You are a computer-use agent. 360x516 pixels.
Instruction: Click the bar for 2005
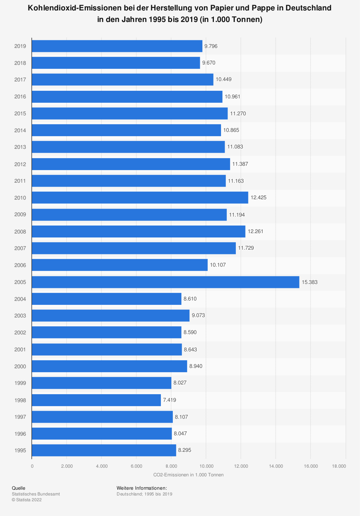[x=166, y=282]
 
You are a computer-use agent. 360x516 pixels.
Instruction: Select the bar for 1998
[x=96, y=400]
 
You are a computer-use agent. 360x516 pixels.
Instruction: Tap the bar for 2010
[x=140, y=197]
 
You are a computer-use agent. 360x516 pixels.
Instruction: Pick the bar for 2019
[x=117, y=46]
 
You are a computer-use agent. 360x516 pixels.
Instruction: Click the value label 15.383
[x=310, y=282]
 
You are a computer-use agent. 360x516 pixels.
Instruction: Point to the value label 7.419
[x=170, y=400]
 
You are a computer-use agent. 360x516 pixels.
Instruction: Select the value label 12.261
[x=256, y=231]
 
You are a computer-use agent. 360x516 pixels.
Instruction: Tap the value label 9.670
[x=209, y=63]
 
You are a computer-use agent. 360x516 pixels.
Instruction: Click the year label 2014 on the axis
[x=20, y=130]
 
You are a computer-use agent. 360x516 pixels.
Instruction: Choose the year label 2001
[x=20, y=350]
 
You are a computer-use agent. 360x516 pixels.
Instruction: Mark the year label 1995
[x=20, y=450]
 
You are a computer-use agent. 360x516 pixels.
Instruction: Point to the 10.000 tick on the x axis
[x=206, y=466]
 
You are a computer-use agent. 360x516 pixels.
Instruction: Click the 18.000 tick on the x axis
[x=339, y=466]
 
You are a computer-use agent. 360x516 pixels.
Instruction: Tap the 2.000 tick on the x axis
[x=67, y=466]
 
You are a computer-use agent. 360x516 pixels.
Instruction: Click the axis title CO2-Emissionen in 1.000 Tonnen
[x=188, y=475]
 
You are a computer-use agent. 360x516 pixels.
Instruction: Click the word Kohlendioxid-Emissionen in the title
[x=76, y=8]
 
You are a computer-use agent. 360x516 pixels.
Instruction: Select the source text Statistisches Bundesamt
[x=36, y=494]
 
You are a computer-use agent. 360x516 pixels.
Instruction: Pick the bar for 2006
[x=120, y=265]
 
